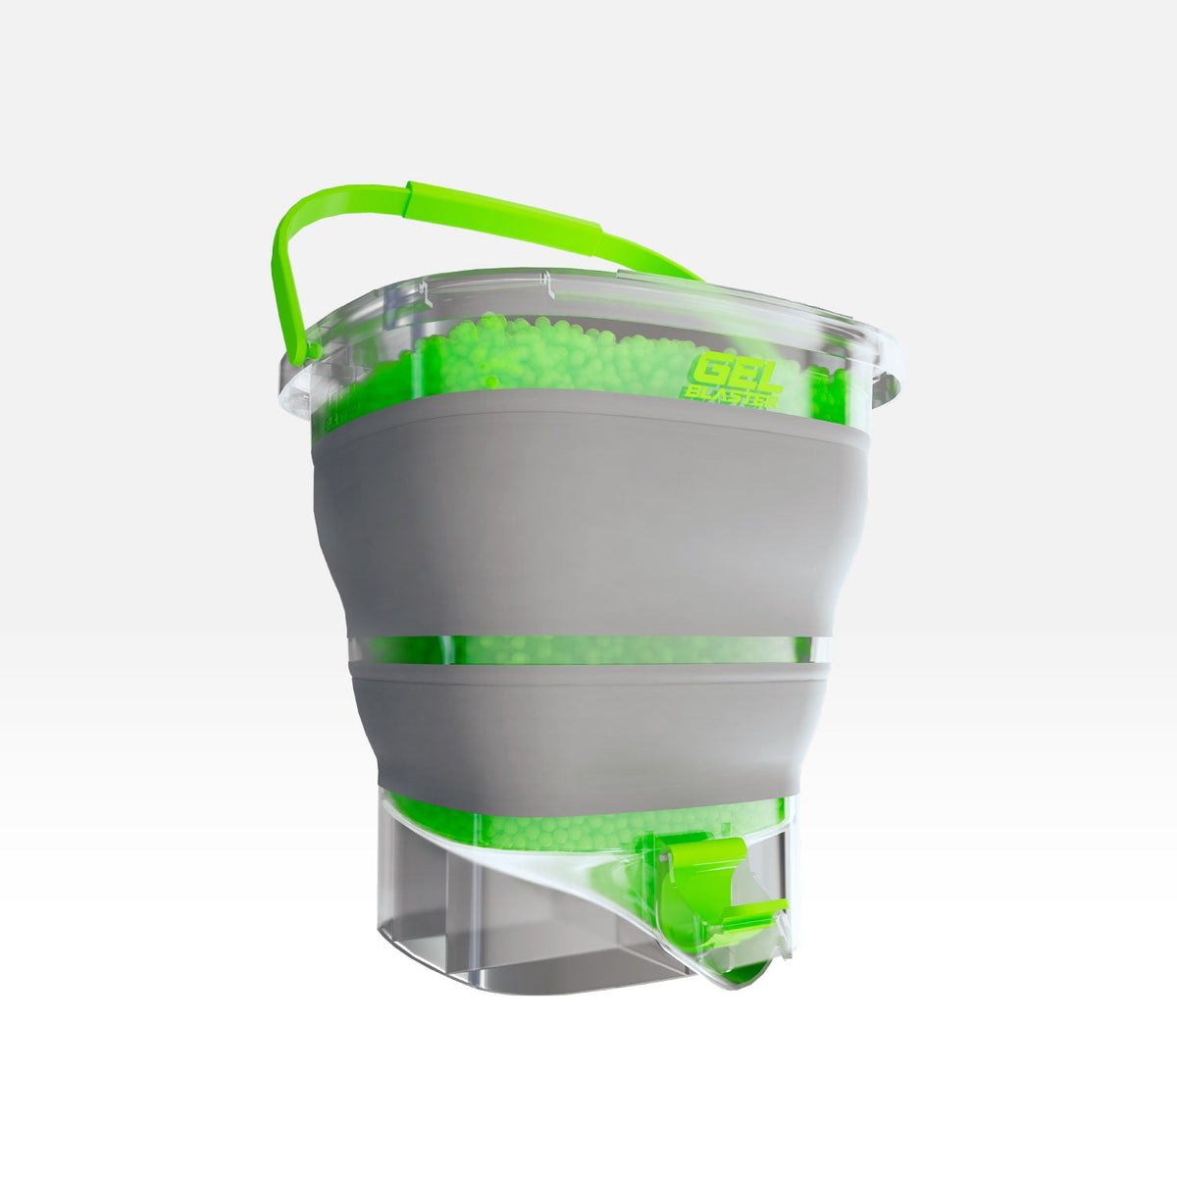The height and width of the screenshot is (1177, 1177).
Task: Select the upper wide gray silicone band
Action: click(x=588, y=520)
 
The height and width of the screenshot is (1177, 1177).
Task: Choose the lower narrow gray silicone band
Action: click(x=588, y=726)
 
